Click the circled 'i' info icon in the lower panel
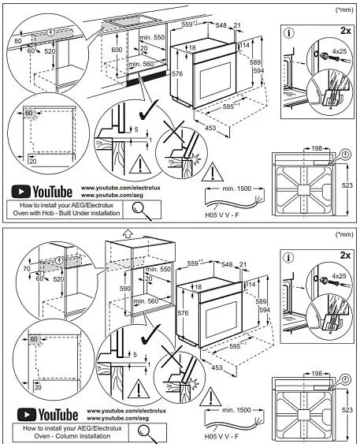point(289,257)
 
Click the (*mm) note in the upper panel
point(343,9)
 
